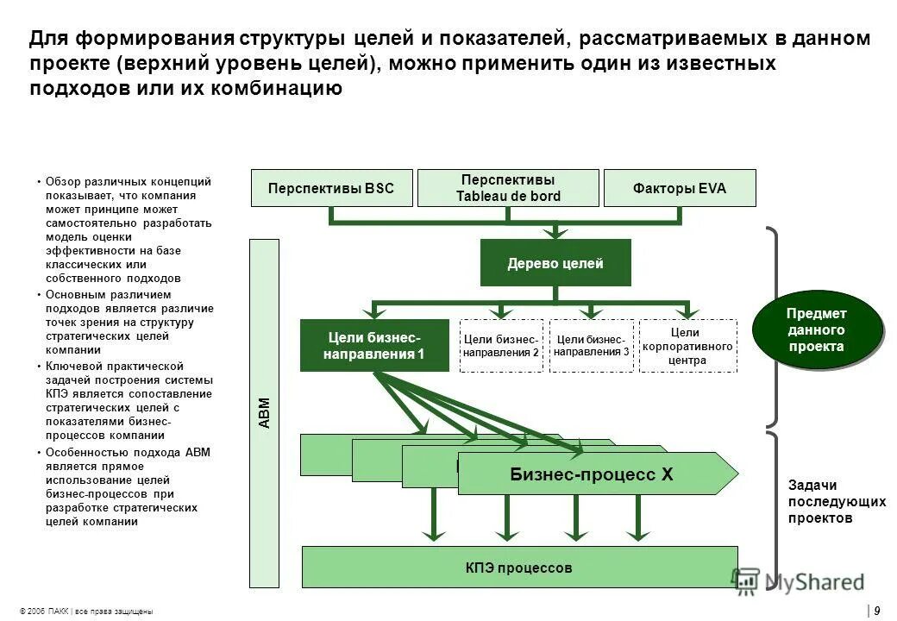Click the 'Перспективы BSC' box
coord(330,188)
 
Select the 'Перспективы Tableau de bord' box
coord(507,188)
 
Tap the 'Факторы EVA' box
coord(680,188)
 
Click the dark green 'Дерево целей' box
coord(555,263)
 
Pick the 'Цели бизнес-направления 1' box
coord(374,345)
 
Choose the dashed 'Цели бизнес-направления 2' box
coord(501,346)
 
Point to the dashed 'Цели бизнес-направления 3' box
coord(592,346)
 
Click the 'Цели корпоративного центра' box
coord(687,346)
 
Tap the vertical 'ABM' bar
coord(264,413)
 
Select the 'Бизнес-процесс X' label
coord(592,474)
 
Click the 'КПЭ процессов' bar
coord(519,568)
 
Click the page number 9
coord(876,611)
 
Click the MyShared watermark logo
coord(799,582)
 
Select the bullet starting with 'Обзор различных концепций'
coord(128,229)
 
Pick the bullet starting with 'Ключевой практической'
coord(128,401)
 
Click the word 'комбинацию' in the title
coord(281,88)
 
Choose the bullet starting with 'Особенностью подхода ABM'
coord(128,486)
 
